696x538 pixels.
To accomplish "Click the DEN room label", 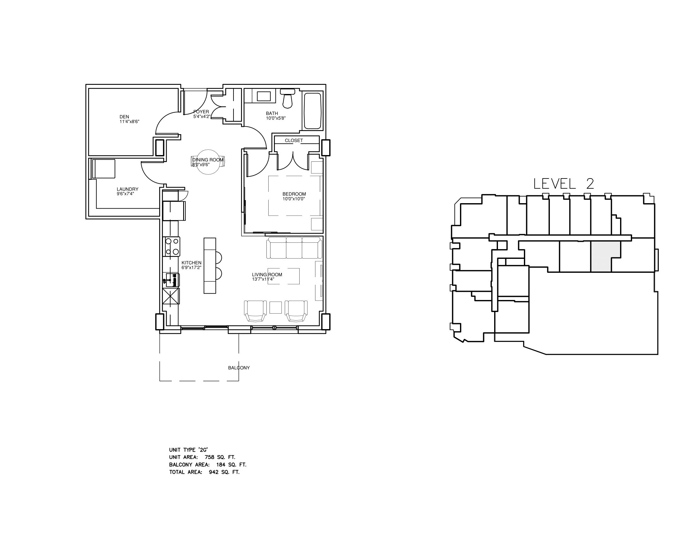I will point(124,117).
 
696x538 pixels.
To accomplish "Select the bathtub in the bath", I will point(312,110).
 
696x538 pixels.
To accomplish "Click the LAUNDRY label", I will point(127,189).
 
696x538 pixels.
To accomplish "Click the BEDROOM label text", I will point(294,194).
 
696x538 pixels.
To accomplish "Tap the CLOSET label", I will point(294,140).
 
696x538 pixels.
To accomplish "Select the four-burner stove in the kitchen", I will point(172,246).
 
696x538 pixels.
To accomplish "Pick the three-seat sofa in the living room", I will point(294,248).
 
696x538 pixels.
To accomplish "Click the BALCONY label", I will point(239,368).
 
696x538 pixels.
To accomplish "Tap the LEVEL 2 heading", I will point(564,184).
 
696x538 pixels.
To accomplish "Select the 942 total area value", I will point(214,472).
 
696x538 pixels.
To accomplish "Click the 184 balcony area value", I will point(221,465).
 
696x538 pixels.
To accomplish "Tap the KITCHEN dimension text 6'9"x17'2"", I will point(191,268).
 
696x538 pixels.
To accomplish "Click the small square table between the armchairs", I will point(275,308).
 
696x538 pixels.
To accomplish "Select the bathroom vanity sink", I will point(263,96).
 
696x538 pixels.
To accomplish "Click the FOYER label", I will point(201,112).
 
